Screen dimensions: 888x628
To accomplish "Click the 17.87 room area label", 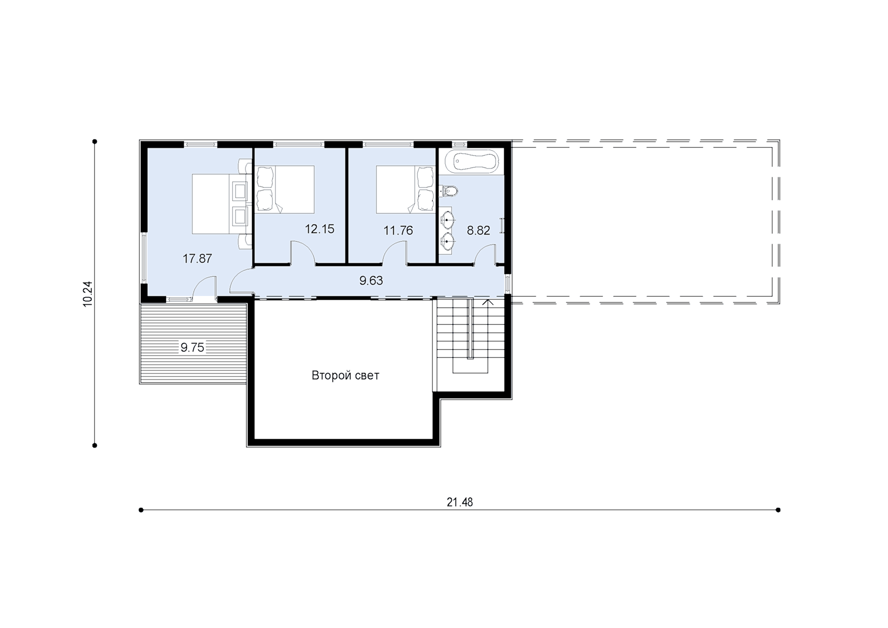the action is (197, 258).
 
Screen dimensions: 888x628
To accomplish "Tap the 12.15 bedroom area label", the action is (319, 229).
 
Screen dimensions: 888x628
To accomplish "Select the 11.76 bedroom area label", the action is (398, 231).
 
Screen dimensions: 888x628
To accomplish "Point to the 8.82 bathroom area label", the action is (478, 231).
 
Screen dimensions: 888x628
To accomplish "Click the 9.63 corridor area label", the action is (371, 280).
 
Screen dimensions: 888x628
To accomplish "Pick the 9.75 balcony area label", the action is (192, 348).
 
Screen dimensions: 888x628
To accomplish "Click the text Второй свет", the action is (345, 375).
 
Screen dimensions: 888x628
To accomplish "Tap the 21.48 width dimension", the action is (460, 502).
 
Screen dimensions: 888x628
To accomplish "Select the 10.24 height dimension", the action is (88, 294).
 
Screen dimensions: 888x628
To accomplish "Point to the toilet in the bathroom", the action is (450, 190).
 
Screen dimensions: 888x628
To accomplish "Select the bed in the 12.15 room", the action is (285, 190).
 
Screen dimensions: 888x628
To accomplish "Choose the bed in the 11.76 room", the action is (405, 190).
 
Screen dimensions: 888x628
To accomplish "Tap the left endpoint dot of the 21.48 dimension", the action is (141, 510).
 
